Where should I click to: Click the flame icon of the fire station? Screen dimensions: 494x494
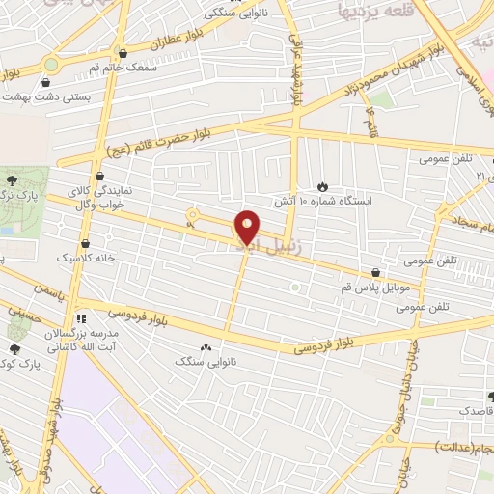(322, 186)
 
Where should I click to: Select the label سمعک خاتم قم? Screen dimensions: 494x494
(92, 69)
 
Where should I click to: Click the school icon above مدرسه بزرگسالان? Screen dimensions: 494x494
(81, 316)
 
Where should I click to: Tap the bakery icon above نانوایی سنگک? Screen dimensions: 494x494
(205, 346)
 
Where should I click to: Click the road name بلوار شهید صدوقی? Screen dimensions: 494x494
(55, 434)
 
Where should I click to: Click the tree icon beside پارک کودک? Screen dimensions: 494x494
(14, 348)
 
